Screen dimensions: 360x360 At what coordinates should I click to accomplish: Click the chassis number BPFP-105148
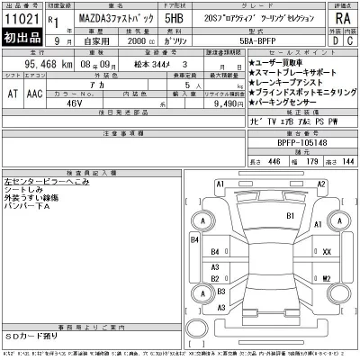click(x=290, y=142)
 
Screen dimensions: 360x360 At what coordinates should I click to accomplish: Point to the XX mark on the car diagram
click(x=328, y=251)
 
